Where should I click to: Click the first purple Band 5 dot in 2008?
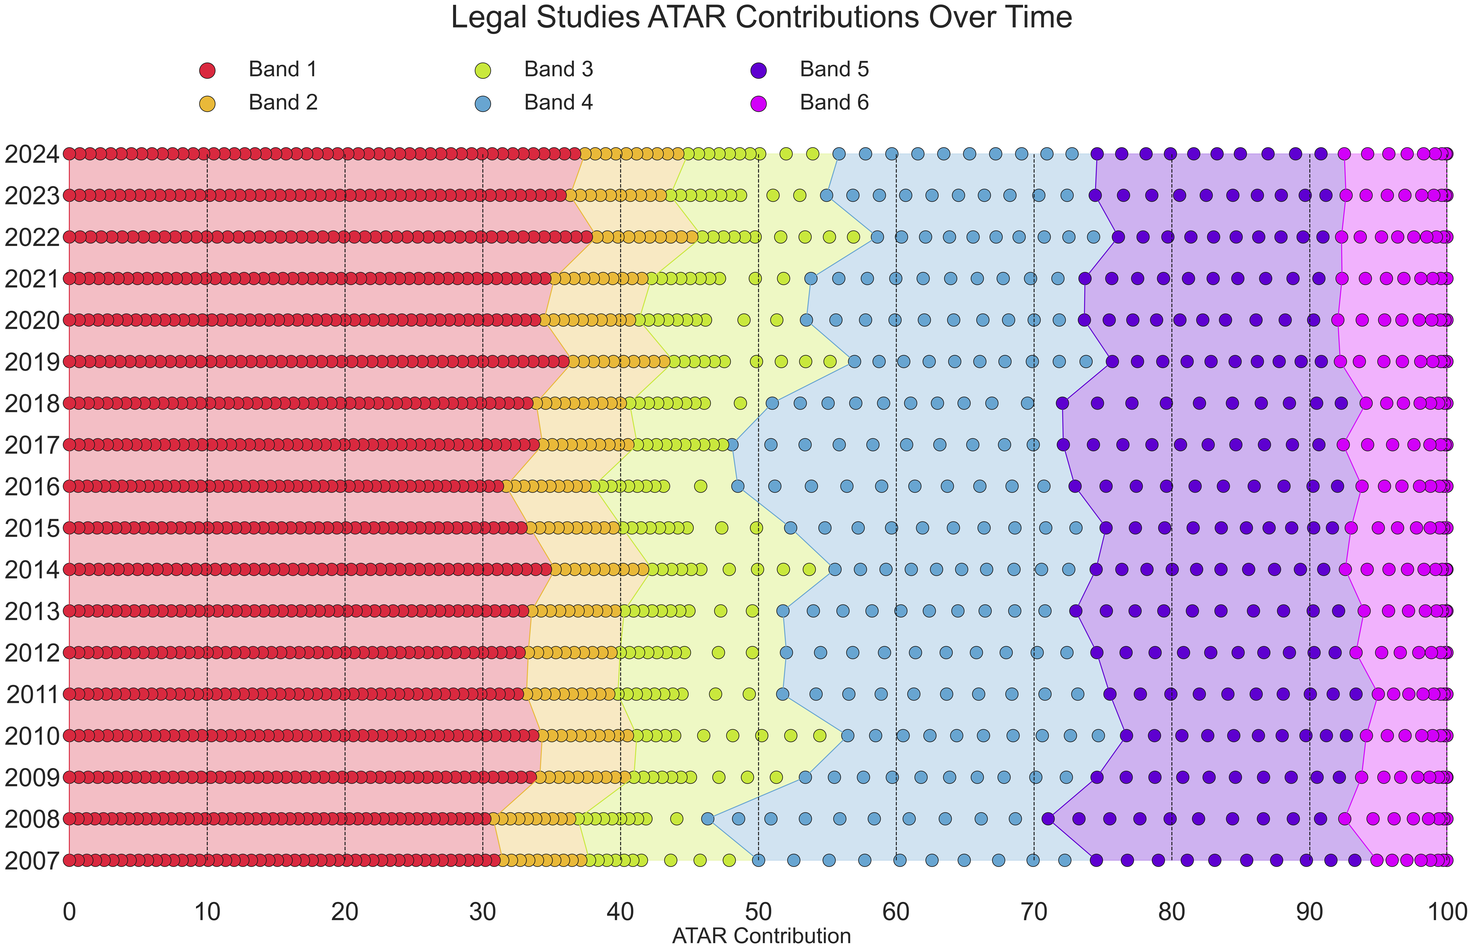[x=1048, y=819]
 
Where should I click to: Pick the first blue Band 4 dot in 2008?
[x=708, y=819]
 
